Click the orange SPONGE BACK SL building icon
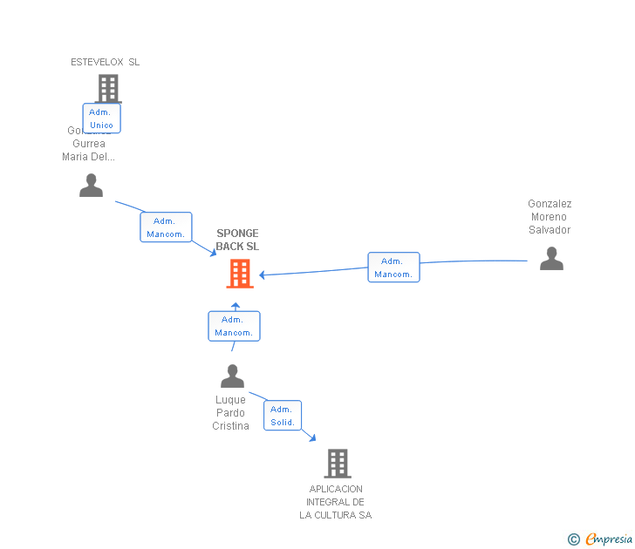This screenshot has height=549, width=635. [239, 274]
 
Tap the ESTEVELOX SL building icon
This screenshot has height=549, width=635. [107, 87]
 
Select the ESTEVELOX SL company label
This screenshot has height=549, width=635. [105, 62]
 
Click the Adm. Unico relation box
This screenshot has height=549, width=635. [101, 119]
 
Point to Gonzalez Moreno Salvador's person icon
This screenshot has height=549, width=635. [551, 259]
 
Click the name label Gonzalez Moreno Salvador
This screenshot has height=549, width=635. [550, 217]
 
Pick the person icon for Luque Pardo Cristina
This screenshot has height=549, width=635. [232, 376]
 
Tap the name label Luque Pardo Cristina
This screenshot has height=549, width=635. [230, 413]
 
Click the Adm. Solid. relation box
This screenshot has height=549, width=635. [282, 416]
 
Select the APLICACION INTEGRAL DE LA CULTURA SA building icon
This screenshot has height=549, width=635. [337, 463]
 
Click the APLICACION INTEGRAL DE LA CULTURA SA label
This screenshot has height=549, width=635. [335, 502]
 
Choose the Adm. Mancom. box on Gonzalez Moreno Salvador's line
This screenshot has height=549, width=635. [393, 268]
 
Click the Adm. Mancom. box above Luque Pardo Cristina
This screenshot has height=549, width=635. [234, 326]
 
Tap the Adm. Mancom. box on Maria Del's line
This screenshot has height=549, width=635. [166, 227]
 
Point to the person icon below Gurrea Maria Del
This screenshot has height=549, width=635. [91, 186]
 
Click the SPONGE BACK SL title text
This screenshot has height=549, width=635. [237, 240]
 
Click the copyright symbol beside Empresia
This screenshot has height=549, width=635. [573, 539]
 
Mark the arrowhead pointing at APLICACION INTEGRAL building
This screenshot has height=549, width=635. [312, 437]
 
